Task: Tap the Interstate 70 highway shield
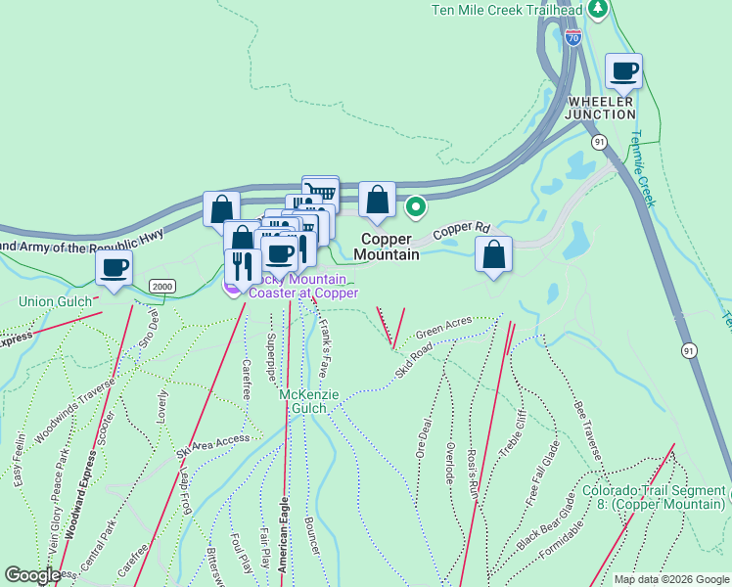pyautogui.click(x=573, y=39)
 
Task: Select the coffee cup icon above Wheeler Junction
pyautogui.click(x=623, y=71)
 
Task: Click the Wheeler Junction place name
pyautogui.click(x=602, y=108)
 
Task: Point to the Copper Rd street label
pyautogui.click(x=461, y=229)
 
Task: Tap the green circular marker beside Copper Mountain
pyautogui.click(x=416, y=206)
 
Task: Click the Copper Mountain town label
pyautogui.click(x=390, y=247)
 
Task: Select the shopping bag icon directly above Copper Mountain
pyautogui.click(x=377, y=201)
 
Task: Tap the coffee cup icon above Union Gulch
pyautogui.click(x=114, y=267)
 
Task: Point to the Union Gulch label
pyautogui.click(x=49, y=301)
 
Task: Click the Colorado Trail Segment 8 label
pyautogui.click(x=653, y=498)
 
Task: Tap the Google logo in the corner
pyautogui.click(x=33, y=575)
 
